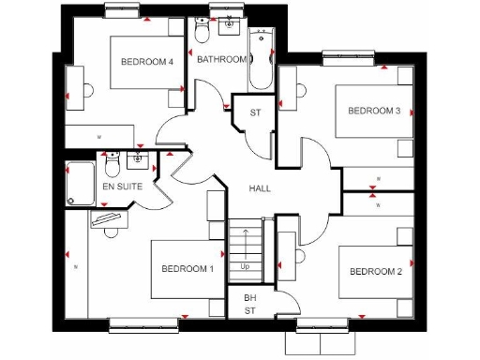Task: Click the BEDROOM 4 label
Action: (147, 62)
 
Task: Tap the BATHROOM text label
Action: (221, 60)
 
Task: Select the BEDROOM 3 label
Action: (374, 111)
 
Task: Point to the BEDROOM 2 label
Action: (375, 272)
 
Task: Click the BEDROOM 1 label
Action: (187, 269)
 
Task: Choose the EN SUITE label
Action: (122, 187)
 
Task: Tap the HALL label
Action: (260, 188)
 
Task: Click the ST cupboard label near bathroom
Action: (255, 113)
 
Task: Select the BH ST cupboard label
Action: (250, 303)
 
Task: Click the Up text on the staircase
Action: (245, 266)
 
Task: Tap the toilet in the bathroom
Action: (201, 34)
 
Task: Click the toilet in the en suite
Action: (112, 167)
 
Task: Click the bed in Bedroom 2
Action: (376, 277)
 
